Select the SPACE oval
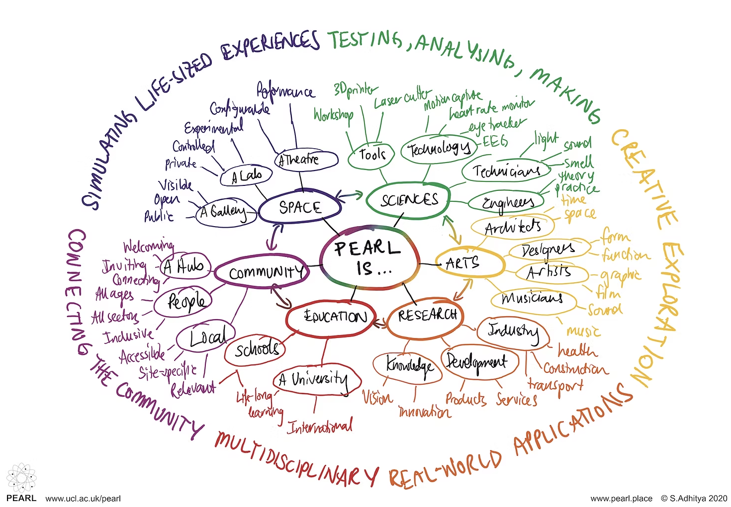pos(300,207)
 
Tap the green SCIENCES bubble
pos(409,200)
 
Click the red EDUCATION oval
pos(336,317)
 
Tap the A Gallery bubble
pos(225,212)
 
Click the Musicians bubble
pos(532,298)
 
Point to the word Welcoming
pos(148,247)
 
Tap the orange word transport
pos(555,385)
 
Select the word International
pos(321,426)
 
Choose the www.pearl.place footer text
pos(621,498)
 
